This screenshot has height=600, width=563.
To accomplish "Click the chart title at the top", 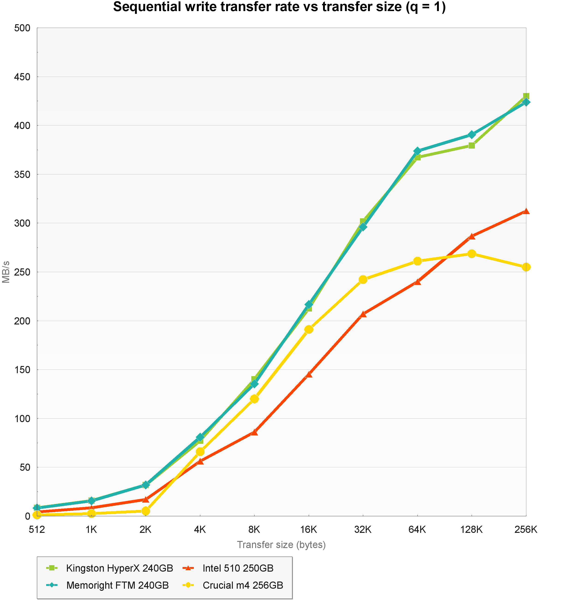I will point(279,7).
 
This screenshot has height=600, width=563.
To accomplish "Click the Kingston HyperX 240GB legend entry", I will point(120,568).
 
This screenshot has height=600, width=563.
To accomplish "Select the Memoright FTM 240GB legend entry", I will point(117,585).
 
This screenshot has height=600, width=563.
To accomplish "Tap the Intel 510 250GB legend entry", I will point(238,568).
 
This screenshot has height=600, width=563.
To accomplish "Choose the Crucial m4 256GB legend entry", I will point(243,585).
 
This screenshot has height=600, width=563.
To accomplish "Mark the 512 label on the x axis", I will point(37,529).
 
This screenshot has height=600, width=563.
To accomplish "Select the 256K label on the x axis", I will point(526,529).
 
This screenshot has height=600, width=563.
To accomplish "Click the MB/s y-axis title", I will point(6,272).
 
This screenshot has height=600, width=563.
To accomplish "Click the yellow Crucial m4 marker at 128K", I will point(472,254).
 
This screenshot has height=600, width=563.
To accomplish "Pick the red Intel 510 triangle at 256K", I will point(526,211).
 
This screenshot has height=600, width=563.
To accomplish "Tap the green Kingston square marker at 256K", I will point(526,96).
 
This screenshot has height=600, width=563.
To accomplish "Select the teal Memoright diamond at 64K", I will point(417,151).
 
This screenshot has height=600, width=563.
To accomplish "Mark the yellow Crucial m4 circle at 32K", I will point(363,279).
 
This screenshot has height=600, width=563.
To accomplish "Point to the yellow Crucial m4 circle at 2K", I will point(145,511).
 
